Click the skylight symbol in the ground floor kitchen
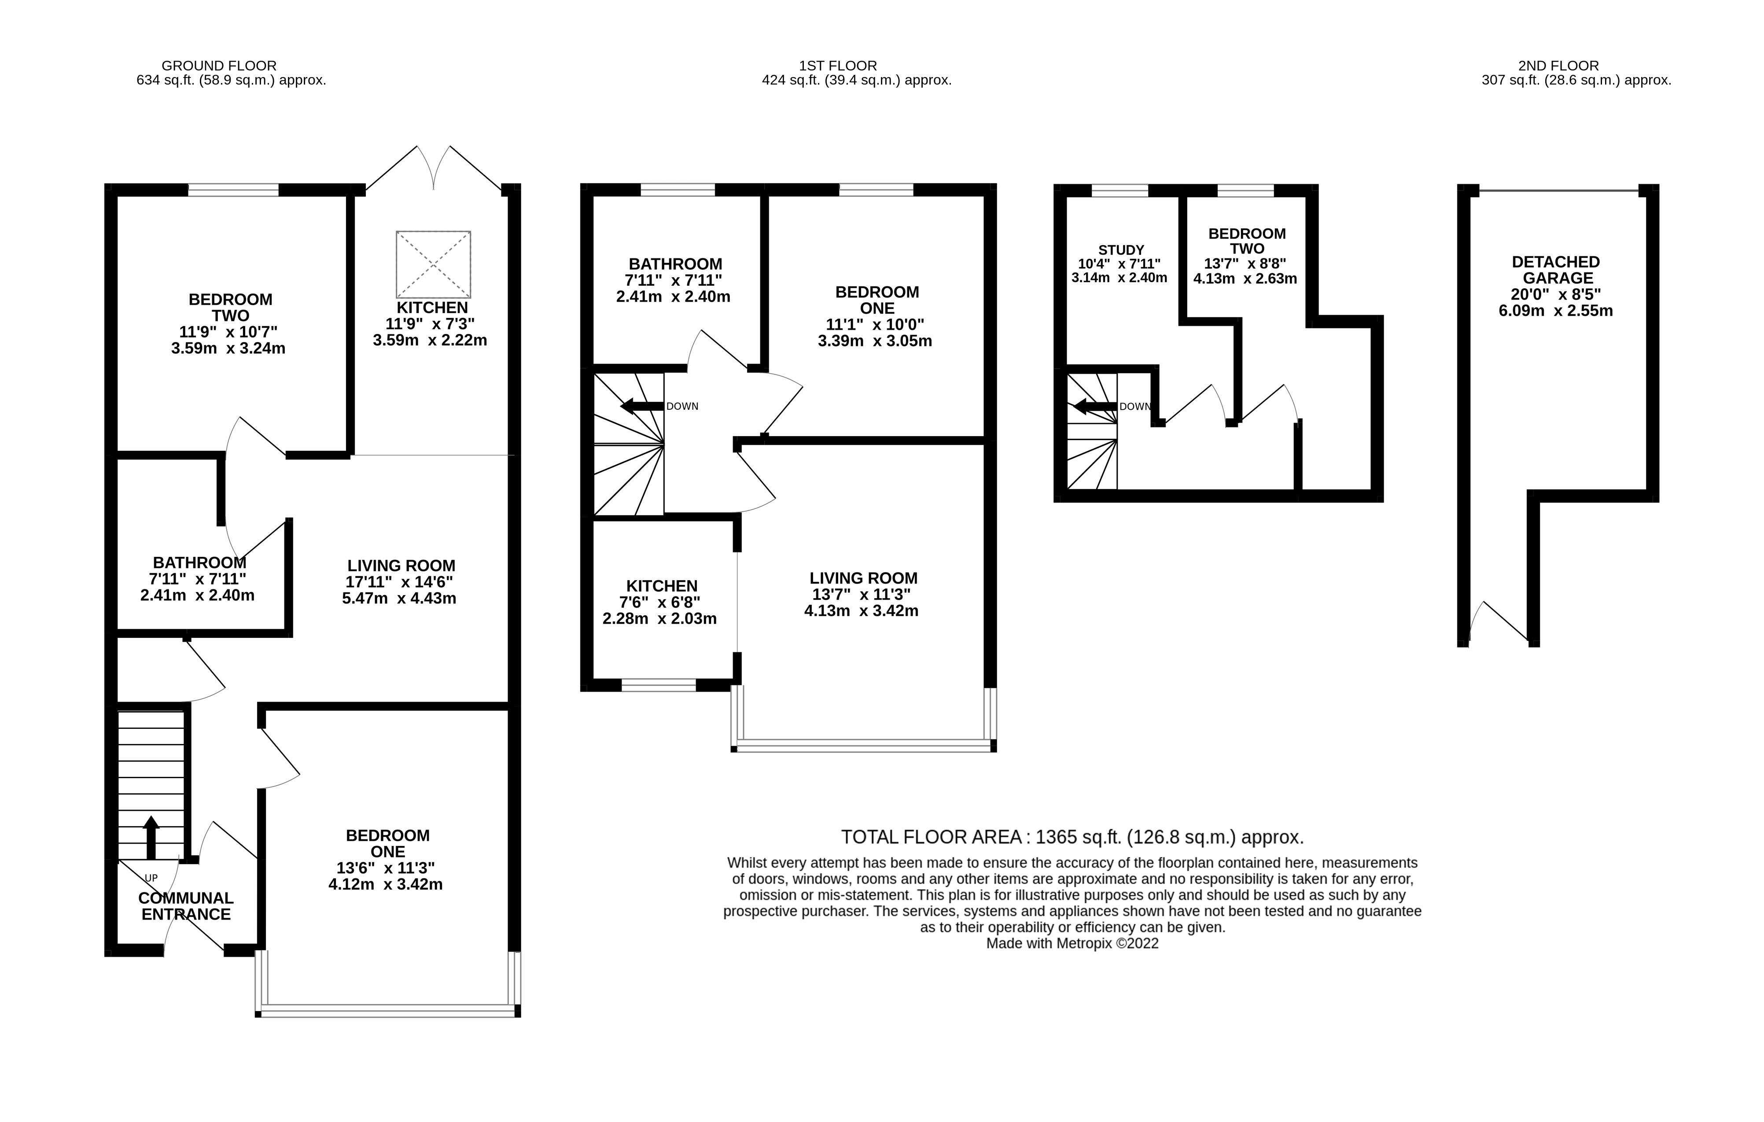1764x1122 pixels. [x=433, y=265]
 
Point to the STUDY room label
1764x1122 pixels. [x=1121, y=250]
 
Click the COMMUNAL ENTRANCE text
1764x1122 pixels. [x=186, y=906]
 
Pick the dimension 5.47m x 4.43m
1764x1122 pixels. [x=399, y=598]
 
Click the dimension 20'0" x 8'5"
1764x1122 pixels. [x=1556, y=294]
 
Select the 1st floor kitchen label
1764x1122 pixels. [x=662, y=586]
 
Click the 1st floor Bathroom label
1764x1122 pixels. [x=675, y=264]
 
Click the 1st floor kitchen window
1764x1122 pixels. [x=659, y=685]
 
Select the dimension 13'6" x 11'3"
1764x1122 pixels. [x=385, y=868]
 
